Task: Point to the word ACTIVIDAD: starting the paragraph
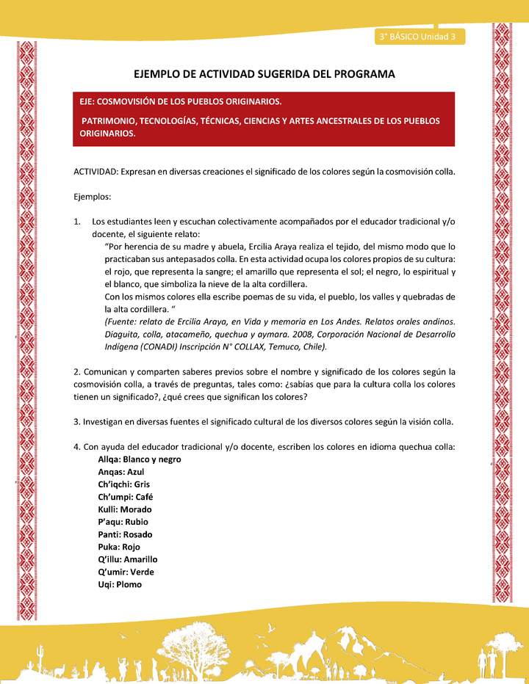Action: pyautogui.click(x=98, y=172)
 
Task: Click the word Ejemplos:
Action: pyautogui.click(x=91, y=197)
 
